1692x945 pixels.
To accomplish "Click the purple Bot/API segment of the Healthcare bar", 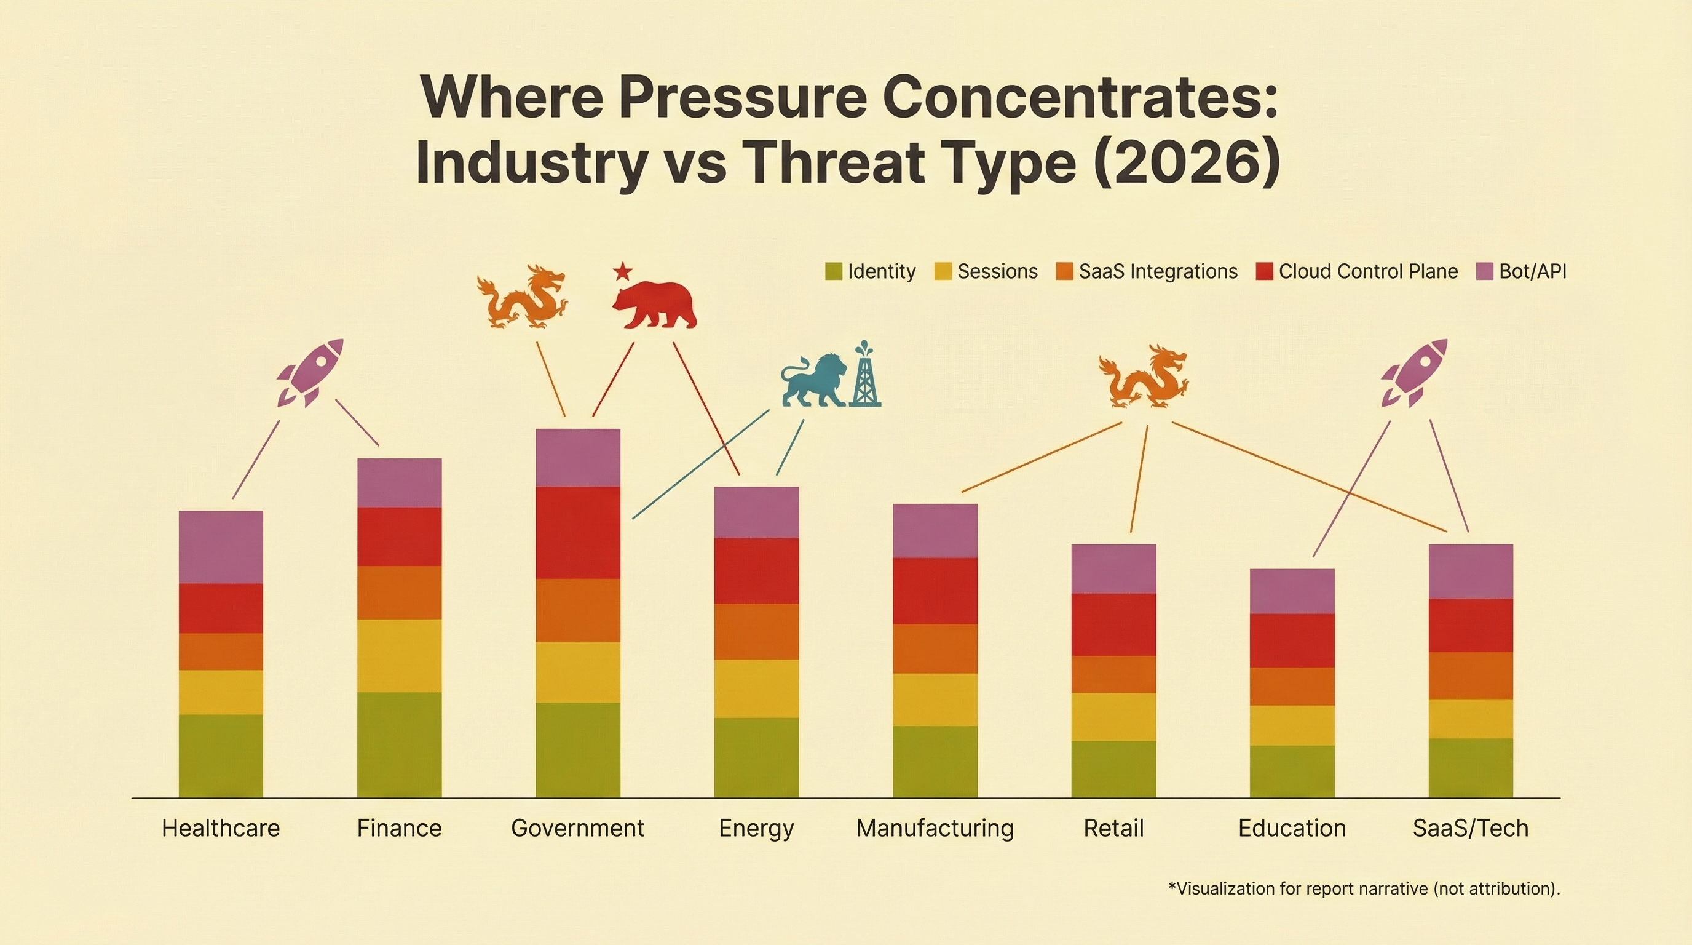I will (x=221, y=547).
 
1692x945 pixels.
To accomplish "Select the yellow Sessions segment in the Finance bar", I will (x=400, y=655).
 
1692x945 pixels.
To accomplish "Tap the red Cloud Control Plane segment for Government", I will (x=578, y=532).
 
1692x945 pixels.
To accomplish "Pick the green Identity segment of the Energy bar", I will (x=757, y=757).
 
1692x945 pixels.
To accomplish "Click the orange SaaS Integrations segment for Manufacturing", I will (x=935, y=648).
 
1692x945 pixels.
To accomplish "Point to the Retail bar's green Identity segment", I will (x=1114, y=769).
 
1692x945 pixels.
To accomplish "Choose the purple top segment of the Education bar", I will (x=1292, y=591).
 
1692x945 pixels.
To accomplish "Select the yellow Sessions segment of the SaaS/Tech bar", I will (x=1471, y=718).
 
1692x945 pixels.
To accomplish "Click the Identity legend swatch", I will (x=834, y=271).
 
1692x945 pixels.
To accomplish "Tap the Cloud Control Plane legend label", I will (x=1368, y=271).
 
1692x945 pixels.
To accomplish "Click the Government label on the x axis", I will (x=577, y=828).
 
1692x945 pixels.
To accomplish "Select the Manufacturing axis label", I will (x=935, y=828).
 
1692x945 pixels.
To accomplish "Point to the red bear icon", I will (x=655, y=305).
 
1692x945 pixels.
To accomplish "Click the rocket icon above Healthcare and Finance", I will (x=310, y=372).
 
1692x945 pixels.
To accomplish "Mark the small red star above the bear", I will (x=622, y=270).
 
